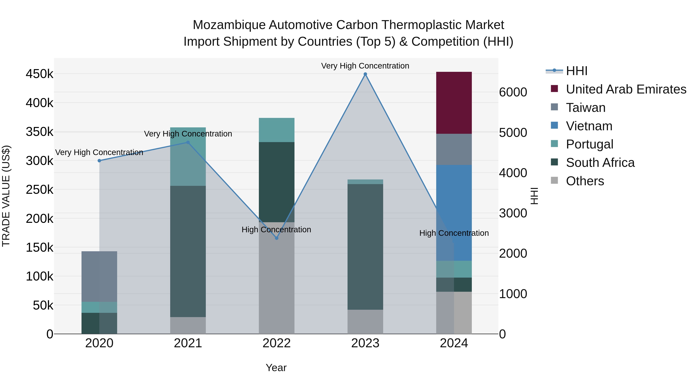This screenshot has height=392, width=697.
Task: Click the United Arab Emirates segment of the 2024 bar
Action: [x=454, y=103]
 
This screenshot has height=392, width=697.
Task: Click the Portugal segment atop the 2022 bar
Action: [x=276, y=130]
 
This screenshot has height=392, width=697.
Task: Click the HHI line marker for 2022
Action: [x=276, y=238]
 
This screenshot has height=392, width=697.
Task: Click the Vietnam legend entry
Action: [x=589, y=126]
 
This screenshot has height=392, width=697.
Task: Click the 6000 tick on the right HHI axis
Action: [x=513, y=92]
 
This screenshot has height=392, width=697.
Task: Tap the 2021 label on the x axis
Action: [x=188, y=343]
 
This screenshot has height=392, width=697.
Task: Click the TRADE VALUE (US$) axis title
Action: [x=6, y=196]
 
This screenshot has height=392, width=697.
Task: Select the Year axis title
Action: [x=276, y=368]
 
